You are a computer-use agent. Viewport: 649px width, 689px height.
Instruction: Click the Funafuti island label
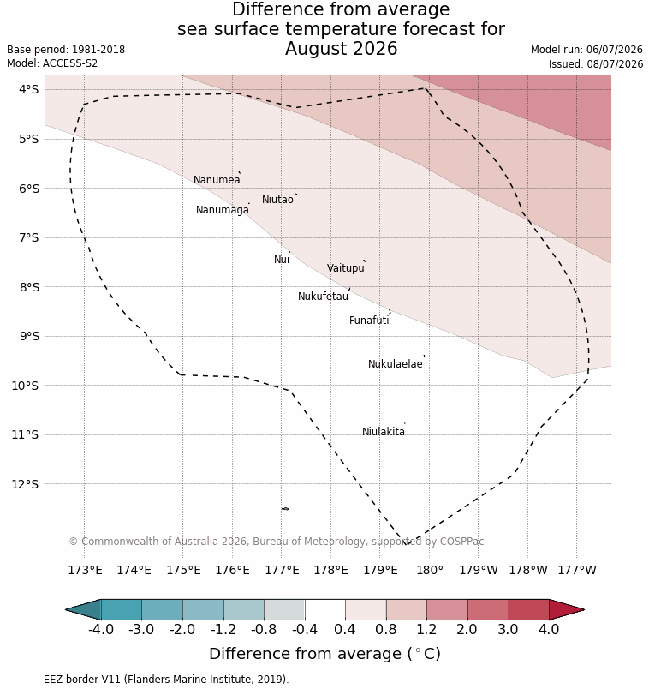369,321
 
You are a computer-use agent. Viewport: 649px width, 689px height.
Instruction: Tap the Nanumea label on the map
217,180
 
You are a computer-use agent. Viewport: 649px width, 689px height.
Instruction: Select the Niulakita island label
384,432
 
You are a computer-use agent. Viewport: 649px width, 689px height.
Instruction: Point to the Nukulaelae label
396,364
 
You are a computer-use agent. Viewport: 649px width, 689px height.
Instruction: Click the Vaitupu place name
346,268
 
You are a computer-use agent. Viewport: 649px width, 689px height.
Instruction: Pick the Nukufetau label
323,297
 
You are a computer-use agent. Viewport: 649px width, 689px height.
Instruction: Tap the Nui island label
282,260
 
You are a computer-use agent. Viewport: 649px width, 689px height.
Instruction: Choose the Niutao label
277,200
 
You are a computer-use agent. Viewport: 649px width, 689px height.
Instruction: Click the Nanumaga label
223,210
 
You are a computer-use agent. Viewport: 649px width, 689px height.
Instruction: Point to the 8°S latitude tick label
29,287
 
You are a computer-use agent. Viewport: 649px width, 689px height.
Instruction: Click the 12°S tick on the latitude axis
26,484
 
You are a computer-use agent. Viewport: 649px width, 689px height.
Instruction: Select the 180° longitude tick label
430,571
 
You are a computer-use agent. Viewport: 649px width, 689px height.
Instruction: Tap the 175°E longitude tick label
183,571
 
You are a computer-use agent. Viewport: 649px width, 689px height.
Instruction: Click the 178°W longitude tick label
528,571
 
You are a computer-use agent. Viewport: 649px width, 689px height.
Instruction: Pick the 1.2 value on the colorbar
426,629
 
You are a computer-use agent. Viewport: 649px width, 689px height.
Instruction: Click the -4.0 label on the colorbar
101,629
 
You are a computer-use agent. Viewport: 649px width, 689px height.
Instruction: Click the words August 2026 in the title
341,49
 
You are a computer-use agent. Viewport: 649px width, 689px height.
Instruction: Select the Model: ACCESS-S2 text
52,63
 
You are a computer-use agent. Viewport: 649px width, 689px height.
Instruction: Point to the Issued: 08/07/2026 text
595,64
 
